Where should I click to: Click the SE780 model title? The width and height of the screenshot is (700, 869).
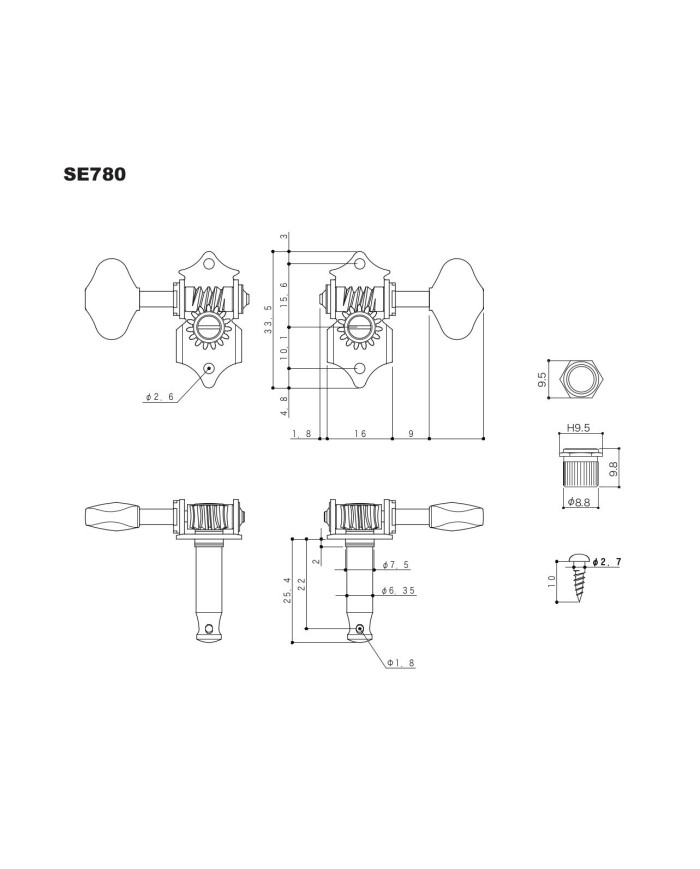(x=95, y=174)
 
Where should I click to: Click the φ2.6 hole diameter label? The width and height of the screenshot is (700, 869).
(x=160, y=397)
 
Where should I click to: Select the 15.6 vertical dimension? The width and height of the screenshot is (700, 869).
(x=284, y=294)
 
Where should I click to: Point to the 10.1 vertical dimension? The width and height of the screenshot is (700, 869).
(x=284, y=347)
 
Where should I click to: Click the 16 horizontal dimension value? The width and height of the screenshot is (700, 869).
(x=360, y=433)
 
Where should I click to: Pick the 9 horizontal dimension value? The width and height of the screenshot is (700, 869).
(x=411, y=433)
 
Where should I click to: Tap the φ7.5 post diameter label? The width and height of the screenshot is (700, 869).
(x=396, y=565)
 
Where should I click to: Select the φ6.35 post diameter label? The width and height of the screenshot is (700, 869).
(x=398, y=591)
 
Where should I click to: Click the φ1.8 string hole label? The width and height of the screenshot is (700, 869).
(x=401, y=663)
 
